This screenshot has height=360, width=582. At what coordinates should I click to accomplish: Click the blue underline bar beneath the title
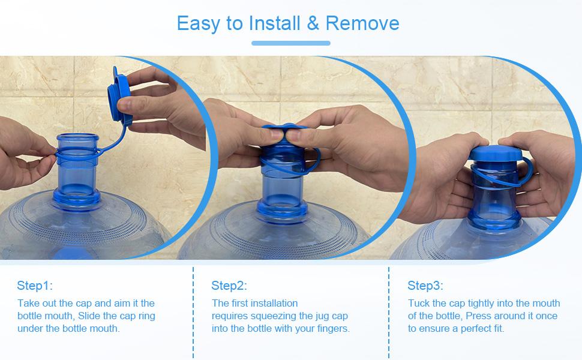point(290,43)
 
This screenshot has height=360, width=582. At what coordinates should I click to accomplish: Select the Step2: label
point(229,286)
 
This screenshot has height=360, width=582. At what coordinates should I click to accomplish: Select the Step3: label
point(425,286)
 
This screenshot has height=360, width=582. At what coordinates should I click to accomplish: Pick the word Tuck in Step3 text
point(419,303)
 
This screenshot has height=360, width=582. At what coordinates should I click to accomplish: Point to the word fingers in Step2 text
point(334,328)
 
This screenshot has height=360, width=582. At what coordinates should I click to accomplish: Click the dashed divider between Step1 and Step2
point(193,312)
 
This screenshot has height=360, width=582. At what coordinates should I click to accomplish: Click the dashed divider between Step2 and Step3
point(389,312)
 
